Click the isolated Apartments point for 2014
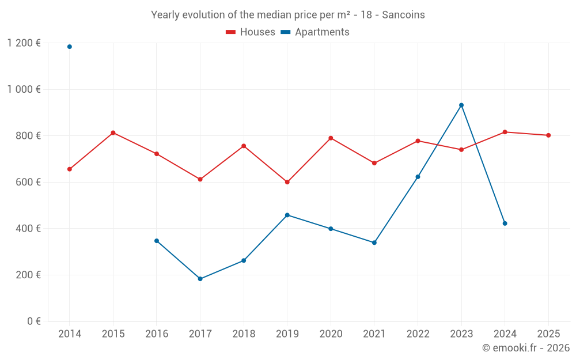click(x=70, y=47)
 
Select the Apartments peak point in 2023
click(x=461, y=105)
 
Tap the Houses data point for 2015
click(x=113, y=132)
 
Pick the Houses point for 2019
click(x=287, y=182)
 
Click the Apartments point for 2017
click(x=200, y=279)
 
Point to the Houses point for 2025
click(x=548, y=135)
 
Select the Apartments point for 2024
click(x=505, y=223)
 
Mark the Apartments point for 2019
click(x=287, y=215)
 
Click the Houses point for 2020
click(x=331, y=138)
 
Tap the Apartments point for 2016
click(x=157, y=241)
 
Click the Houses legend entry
click(x=251, y=32)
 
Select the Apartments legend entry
click(x=315, y=32)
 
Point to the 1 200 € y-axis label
click(x=24, y=43)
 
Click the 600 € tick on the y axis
click(x=28, y=182)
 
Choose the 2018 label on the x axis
click(x=244, y=334)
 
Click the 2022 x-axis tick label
click(x=418, y=334)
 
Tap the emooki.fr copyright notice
click(x=525, y=348)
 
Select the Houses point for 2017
click(x=200, y=179)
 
